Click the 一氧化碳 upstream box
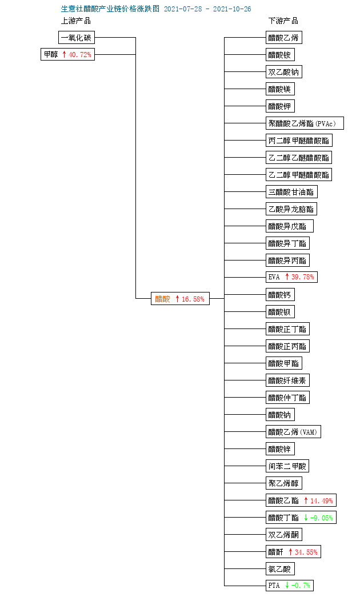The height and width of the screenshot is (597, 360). (77, 38)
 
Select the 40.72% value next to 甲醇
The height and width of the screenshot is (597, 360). (80, 54)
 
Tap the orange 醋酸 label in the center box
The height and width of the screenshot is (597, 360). (162, 299)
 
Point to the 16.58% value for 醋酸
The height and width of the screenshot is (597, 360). (193, 299)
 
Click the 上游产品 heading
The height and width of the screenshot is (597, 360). (76, 21)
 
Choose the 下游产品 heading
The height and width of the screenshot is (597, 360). (283, 21)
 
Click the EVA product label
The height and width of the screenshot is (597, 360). (274, 277)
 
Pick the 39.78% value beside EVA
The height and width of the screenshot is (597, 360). (303, 277)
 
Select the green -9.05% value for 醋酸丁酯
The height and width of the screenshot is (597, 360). (322, 518)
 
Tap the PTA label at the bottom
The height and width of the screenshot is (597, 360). (274, 585)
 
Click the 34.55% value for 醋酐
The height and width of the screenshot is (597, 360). (306, 552)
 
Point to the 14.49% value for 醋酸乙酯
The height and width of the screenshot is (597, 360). (322, 500)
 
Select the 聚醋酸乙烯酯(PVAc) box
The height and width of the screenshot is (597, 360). (305, 123)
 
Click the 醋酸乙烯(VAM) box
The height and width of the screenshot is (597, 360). (293, 432)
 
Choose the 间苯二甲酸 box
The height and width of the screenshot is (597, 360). (287, 466)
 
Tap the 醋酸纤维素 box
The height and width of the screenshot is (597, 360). (287, 380)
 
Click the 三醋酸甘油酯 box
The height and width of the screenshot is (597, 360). (291, 192)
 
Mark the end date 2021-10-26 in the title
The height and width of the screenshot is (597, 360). (232, 9)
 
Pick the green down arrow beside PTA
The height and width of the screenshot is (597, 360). (287, 585)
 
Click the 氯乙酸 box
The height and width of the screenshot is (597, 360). (280, 569)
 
